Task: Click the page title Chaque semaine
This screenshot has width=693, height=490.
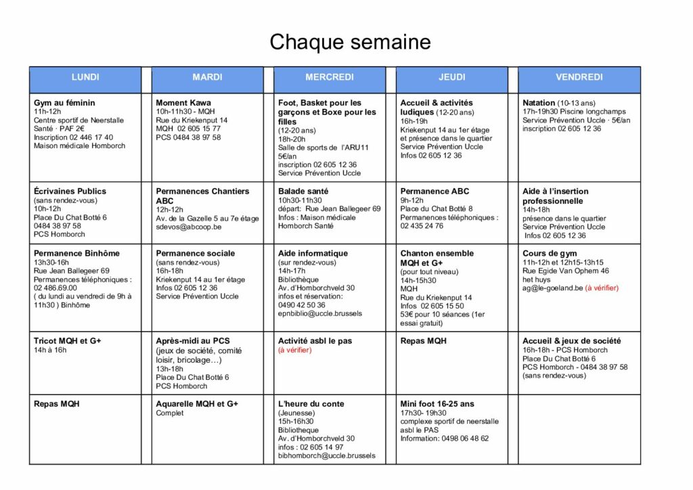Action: tap(350, 42)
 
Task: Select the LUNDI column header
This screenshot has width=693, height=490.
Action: tap(85, 77)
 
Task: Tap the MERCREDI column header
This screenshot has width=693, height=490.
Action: tap(329, 77)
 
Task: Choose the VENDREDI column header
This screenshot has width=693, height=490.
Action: tap(579, 77)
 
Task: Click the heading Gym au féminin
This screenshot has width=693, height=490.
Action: tap(64, 103)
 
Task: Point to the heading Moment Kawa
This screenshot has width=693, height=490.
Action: tap(184, 103)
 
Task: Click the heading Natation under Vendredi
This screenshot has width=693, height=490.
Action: tap(539, 103)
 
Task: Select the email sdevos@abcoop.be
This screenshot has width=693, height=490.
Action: tap(189, 227)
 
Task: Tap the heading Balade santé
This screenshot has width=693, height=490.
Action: tap(303, 192)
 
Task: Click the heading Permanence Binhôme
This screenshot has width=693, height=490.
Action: tap(76, 253)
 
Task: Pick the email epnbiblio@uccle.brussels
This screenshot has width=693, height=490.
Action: tap(320, 314)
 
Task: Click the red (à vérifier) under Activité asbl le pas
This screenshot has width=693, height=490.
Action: tap(294, 351)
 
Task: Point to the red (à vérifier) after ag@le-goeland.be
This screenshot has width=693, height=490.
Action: tap(602, 288)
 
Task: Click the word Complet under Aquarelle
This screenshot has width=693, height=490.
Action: tap(170, 413)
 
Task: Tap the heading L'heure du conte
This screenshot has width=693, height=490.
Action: tap(311, 404)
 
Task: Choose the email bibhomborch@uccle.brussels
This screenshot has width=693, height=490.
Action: tap(326, 456)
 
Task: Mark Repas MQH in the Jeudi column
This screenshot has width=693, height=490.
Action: tap(424, 341)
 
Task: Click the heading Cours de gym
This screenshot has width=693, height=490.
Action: tap(548, 253)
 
